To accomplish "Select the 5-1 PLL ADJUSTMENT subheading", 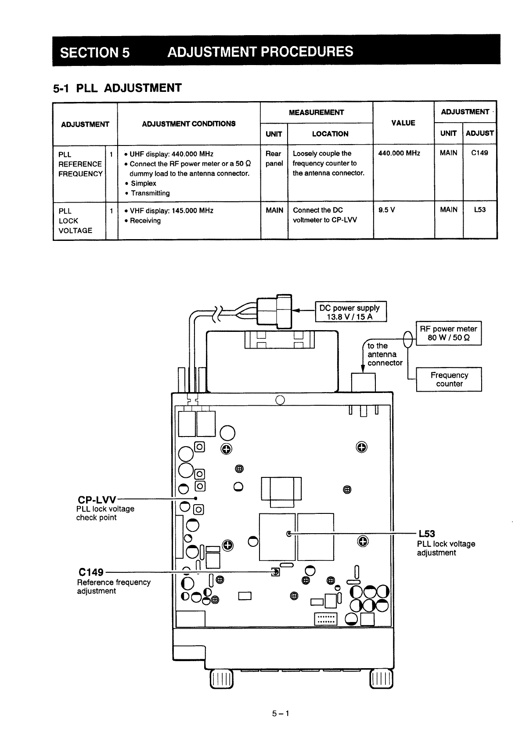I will (x=117, y=88).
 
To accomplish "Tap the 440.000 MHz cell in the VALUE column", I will (x=399, y=153).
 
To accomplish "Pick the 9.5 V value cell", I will (x=387, y=210).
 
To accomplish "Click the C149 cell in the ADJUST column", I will (x=479, y=153).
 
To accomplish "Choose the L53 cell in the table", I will (x=479, y=210).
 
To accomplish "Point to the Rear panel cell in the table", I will (x=274, y=158).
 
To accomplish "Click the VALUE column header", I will (x=403, y=123).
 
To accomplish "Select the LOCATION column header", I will (x=330, y=134).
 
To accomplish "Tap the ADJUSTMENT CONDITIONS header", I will (x=188, y=124).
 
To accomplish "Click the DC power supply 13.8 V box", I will (x=350, y=312).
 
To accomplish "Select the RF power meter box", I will (x=448, y=333).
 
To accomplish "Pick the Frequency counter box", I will (x=449, y=379).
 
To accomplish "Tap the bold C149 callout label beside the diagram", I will (x=90, y=572).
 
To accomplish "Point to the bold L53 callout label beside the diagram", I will (x=426, y=534).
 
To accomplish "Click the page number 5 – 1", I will (x=280, y=713).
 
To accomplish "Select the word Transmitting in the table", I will (x=150, y=193).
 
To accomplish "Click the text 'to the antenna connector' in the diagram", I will (x=384, y=354).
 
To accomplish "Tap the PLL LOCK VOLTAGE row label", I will (x=75, y=221).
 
